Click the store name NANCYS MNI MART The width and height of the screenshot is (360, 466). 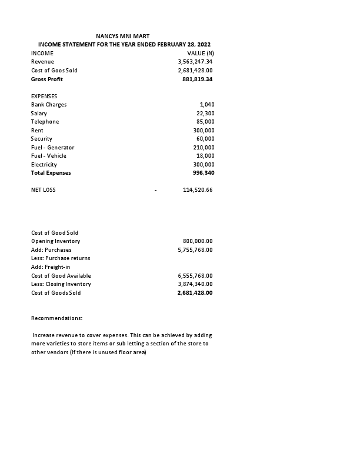pyautogui.click(x=126, y=36)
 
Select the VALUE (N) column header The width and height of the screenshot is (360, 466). pyautogui.click(x=200, y=54)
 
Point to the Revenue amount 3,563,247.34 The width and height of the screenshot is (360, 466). pyautogui.click(x=195, y=62)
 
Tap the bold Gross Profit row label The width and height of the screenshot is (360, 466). pyautogui.click(x=47, y=79)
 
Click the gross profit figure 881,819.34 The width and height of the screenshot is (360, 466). pyautogui.click(x=198, y=79)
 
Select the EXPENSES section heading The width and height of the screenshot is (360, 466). pyautogui.click(x=44, y=96)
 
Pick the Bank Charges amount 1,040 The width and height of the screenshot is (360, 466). pyautogui.click(x=207, y=105)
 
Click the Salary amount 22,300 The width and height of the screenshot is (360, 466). pyautogui.click(x=205, y=113)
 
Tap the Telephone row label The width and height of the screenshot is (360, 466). pyautogui.click(x=45, y=122)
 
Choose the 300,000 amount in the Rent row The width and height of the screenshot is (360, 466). pyautogui.click(x=204, y=130)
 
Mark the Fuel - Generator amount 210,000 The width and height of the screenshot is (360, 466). pyautogui.click(x=204, y=147)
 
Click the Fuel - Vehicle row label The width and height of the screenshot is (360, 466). pyautogui.click(x=49, y=156)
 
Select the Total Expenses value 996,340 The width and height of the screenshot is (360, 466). pyautogui.click(x=203, y=173)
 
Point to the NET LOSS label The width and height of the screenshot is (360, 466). pyautogui.click(x=44, y=190)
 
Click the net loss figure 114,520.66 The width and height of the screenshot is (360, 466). pyautogui.click(x=198, y=190)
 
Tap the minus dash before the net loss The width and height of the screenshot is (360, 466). pyautogui.click(x=155, y=190)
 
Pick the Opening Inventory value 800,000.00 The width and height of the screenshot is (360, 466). pyautogui.click(x=198, y=241)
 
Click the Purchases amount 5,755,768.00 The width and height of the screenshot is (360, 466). pyautogui.click(x=195, y=250)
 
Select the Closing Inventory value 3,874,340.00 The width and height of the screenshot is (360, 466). pyautogui.click(x=195, y=284)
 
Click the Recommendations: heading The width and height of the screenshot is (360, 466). pyautogui.click(x=57, y=318)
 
